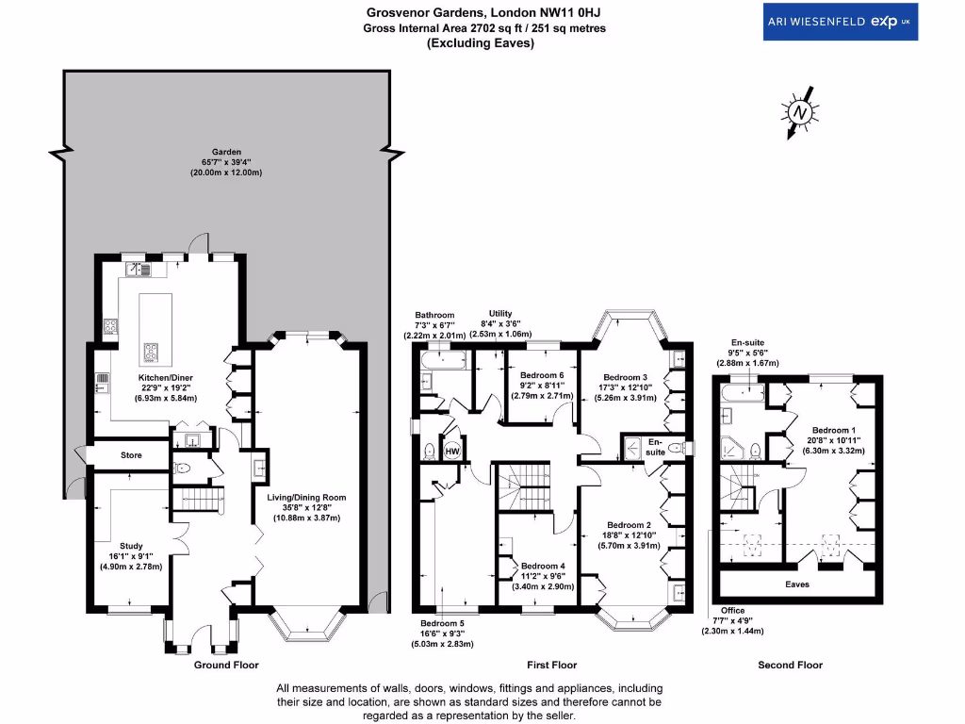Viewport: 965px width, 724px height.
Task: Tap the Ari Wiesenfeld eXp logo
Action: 840,22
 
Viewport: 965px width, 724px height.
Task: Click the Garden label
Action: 226,151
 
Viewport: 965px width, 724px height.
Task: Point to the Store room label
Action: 131,455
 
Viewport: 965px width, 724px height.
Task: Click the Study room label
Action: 130,545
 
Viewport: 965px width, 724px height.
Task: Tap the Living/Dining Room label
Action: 309,497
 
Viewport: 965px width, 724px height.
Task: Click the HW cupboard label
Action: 451,451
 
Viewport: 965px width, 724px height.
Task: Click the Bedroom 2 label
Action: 629,525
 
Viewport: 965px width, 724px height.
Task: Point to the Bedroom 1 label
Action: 833,428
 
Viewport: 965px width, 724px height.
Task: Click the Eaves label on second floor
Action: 797,584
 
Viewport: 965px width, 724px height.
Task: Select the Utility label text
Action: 500,313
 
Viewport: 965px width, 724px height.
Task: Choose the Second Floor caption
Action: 790,665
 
